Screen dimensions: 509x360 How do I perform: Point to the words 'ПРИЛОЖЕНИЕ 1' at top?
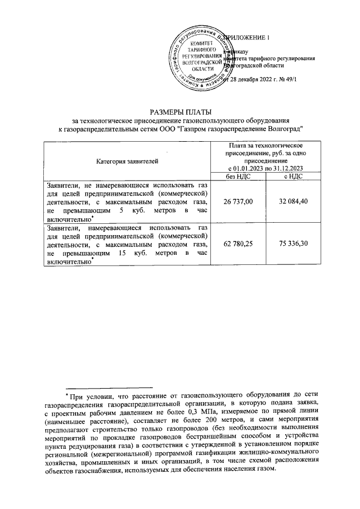(248, 38)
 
